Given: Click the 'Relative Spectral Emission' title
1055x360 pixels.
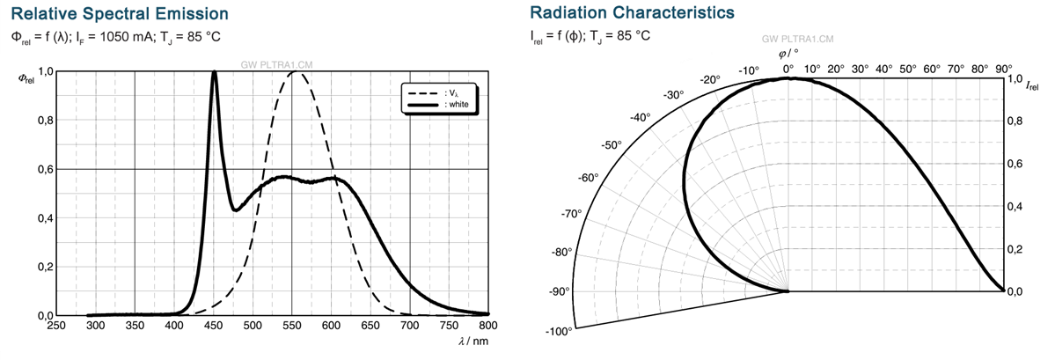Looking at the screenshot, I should (121, 14).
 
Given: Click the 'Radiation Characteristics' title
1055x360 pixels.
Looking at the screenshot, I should (633, 13).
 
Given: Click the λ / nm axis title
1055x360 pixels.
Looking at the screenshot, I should (474, 340).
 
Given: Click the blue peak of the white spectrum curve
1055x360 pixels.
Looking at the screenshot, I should (215, 73).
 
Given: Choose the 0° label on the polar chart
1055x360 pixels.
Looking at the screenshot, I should (788, 67).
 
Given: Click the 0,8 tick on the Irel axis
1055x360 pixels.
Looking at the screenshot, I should (1015, 121).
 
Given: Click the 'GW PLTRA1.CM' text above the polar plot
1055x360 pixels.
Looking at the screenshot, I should (798, 40).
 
